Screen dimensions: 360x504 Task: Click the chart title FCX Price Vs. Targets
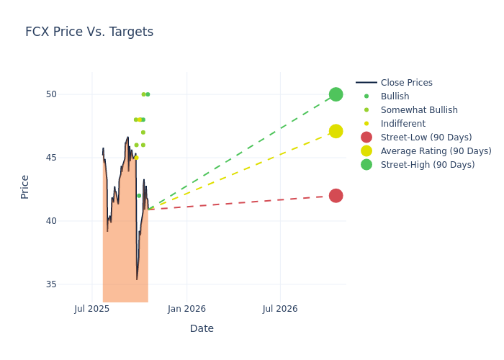[89, 32]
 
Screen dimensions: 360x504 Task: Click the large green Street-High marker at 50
[336, 94]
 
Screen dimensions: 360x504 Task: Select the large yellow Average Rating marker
[336, 131]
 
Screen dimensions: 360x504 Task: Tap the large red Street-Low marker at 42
[336, 196]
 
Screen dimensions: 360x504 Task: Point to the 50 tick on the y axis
[71, 94]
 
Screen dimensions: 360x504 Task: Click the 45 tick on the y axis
[71, 158]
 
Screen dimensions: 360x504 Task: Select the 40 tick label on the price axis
[71, 221]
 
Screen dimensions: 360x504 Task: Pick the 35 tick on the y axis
[71, 284]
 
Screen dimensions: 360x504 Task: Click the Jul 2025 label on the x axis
[92, 309]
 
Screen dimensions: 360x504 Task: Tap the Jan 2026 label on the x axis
[186, 309]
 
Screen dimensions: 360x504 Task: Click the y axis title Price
[25, 186]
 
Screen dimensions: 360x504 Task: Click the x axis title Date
[202, 328]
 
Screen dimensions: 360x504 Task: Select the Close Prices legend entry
[406, 83]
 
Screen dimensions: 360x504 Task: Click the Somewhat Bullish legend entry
[419, 110]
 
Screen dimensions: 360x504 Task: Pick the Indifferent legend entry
[402, 124]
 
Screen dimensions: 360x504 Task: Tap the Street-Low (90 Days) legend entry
[426, 138]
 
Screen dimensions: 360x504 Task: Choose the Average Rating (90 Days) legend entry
[436, 151]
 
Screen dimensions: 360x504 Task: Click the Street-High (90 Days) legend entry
[427, 165]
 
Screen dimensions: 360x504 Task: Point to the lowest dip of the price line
[137, 279]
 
